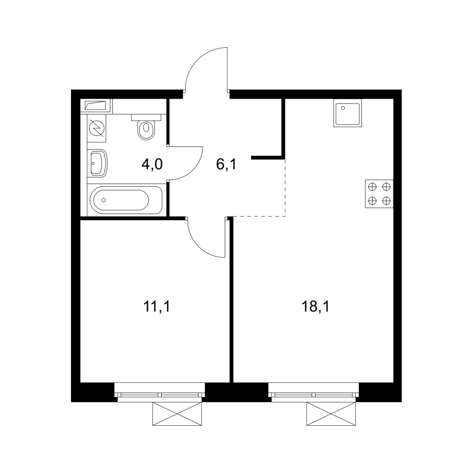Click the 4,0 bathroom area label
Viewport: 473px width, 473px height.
coord(151,164)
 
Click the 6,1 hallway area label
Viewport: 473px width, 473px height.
coord(226,164)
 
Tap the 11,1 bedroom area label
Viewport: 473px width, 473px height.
coord(156,306)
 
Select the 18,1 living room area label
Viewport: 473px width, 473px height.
coord(316,306)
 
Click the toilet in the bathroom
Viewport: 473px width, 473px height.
coord(146,129)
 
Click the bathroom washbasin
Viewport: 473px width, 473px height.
coord(98,163)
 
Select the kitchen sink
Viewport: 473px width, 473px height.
coord(347,115)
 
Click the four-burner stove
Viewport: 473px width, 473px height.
coord(379,194)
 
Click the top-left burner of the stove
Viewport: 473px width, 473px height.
coord(372,187)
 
